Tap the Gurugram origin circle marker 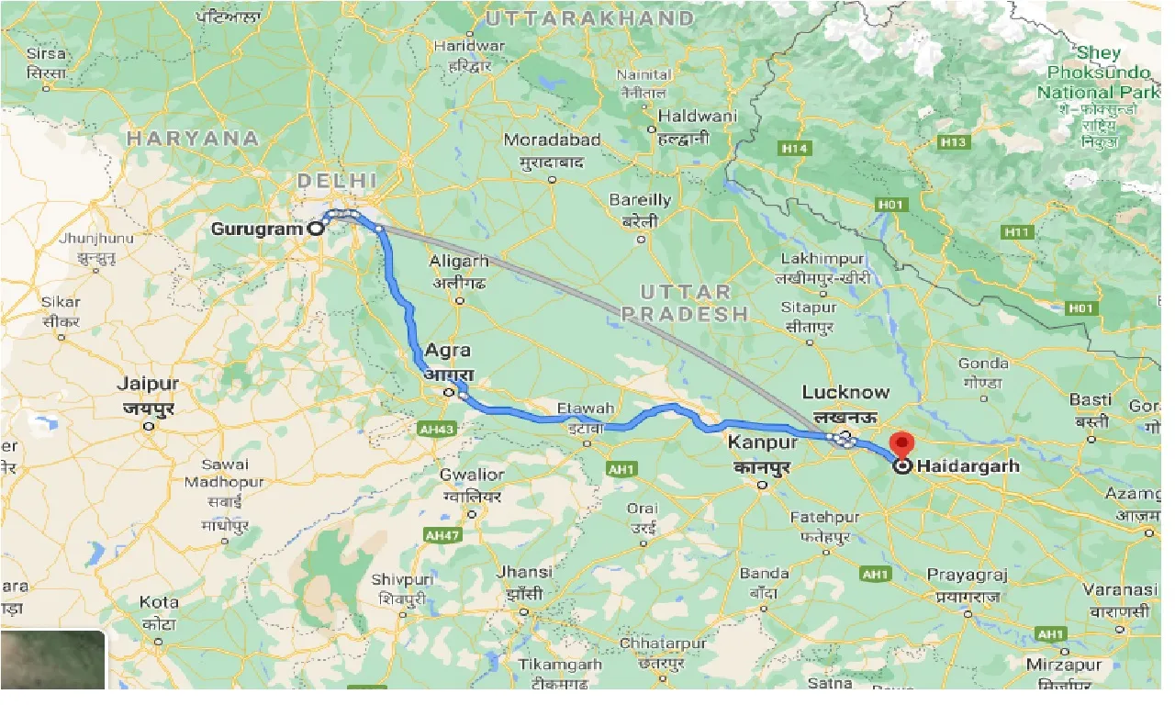coord(316,229)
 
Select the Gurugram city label coord(258,229)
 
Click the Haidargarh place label coord(968,466)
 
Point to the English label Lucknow coord(845,393)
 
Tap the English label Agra coord(447,351)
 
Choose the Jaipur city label coord(148,384)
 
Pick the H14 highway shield coord(793,148)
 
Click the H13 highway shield coord(954,142)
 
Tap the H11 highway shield coord(1017,232)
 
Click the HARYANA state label coord(193,139)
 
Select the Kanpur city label coord(763,443)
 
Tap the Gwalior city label coord(472,475)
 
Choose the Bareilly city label coord(641,200)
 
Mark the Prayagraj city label coord(967,576)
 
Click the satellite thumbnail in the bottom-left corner coord(52,659)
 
